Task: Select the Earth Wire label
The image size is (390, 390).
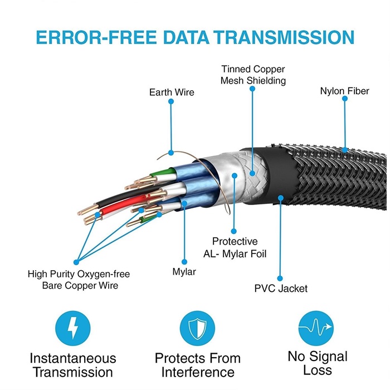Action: pyautogui.click(x=172, y=91)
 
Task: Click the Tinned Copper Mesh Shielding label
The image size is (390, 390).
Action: pyautogui.click(x=253, y=75)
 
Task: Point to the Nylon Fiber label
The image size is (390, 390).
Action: pyautogui.click(x=344, y=91)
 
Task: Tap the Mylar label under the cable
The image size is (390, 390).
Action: pyautogui.click(x=184, y=272)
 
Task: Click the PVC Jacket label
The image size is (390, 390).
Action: pyautogui.click(x=281, y=289)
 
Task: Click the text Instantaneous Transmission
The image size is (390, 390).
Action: pyautogui.click(x=73, y=365)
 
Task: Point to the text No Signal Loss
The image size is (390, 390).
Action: pyautogui.click(x=318, y=363)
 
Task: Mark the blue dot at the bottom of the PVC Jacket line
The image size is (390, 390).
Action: pyautogui.click(x=280, y=277)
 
